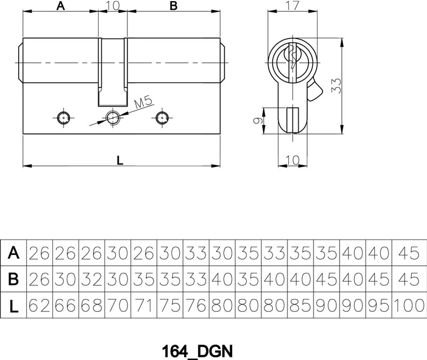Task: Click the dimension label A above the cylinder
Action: point(60,5)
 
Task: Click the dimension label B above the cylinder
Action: point(173,5)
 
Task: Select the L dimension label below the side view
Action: point(120,161)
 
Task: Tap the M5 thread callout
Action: point(143,103)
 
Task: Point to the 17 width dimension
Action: point(292,5)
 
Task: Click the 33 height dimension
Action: point(336,85)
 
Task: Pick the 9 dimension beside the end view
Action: point(258,120)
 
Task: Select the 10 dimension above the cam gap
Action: point(113,5)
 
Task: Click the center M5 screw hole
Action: point(113,118)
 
